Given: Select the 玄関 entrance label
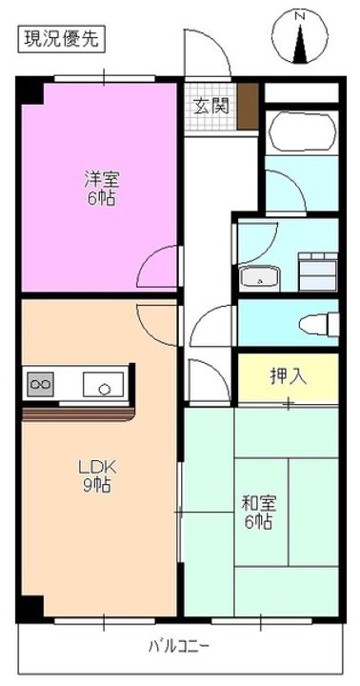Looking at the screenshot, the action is click(x=211, y=106).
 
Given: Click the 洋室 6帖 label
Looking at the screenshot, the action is click(x=98, y=187).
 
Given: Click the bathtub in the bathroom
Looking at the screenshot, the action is click(x=302, y=133).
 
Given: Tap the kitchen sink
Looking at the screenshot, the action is click(x=102, y=385).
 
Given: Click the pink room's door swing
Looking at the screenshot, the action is click(x=159, y=269).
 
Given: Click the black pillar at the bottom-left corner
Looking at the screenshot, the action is click(x=30, y=607).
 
